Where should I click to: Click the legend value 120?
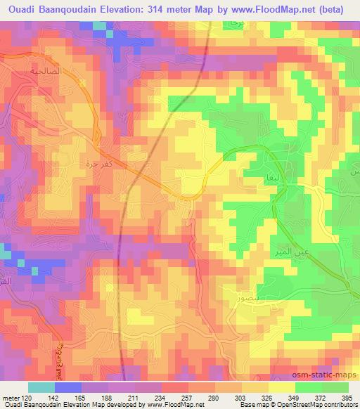[27, 397]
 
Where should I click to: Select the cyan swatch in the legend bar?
[41, 387]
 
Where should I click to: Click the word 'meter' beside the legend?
[10, 397]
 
